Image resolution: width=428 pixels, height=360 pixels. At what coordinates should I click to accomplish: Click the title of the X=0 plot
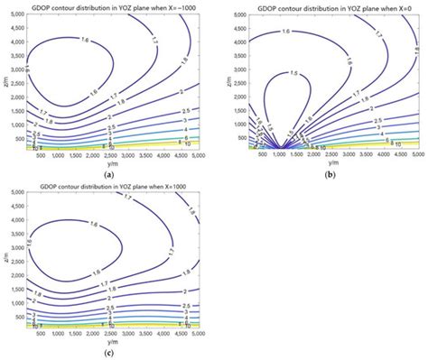point(325,6)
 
